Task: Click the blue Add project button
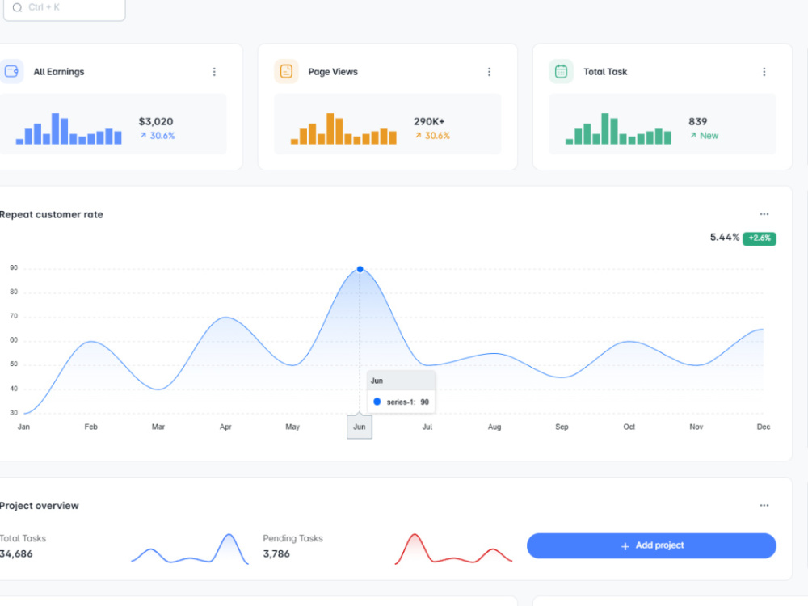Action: coord(651,545)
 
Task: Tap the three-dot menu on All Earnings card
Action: coord(214,72)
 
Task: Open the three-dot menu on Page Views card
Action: coord(489,72)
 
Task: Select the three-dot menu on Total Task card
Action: coord(764,72)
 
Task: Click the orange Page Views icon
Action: coord(286,71)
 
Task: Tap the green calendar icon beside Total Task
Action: coord(562,71)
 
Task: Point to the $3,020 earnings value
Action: coord(156,122)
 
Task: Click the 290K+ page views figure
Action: coord(429,122)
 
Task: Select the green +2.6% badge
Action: coord(760,238)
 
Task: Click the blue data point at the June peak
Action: coord(360,269)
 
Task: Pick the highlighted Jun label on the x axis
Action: coord(360,427)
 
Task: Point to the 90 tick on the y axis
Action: coord(14,268)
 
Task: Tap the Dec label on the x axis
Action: coord(764,427)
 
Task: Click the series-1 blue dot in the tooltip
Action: coord(377,402)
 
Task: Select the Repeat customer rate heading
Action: coord(51,214)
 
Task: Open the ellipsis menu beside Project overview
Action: coord(764,506)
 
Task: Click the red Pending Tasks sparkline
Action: coord(453,549)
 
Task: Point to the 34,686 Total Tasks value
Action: coord(16,554)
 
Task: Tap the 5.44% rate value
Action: coord(725,237)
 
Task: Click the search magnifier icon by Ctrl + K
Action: coord(18,7)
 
